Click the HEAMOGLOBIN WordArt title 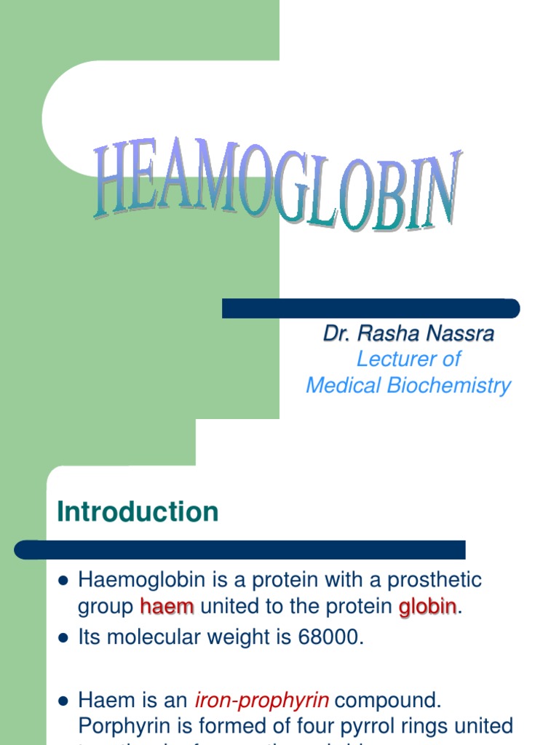[277, 186]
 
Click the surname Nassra [460, 334]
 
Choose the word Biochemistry [448, 386]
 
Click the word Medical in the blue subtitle [344, 386]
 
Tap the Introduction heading [138, 512]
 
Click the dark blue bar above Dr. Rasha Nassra [370, 308]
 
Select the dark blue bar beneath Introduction [240, 550]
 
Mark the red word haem [167, 607]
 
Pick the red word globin [427, 607]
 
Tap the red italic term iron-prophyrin [262, 701]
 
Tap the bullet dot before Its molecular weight [63, 638]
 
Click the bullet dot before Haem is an [63, 701]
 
